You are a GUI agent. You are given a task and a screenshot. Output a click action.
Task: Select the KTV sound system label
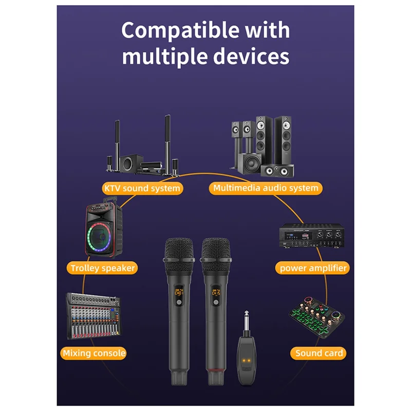[142, 188]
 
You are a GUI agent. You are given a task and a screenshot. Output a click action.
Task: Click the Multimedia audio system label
[265, 188]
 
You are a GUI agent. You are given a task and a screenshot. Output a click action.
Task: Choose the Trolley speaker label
[103, 268]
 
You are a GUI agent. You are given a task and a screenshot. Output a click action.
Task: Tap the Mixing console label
[94, 353]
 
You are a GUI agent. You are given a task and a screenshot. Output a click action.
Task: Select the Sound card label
[319, 353]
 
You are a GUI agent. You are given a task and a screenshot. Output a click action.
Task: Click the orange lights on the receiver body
[248, 360]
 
